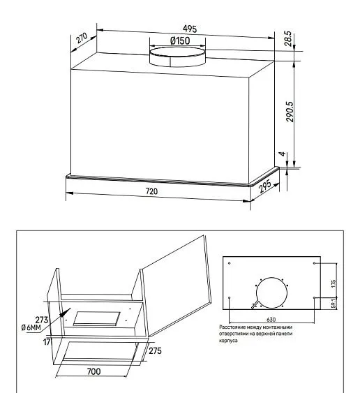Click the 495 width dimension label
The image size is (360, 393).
click(x=190, y=29)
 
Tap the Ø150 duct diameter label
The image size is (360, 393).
click(x=180, y=40)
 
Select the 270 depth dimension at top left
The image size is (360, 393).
click(x=82, y=38)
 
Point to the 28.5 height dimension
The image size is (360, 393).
click(x=288, y=38)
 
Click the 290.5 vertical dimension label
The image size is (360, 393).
click(x=290, y=112)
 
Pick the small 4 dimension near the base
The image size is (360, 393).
click(x=283, y=154)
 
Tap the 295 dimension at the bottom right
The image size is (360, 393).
click(x=265, y=186)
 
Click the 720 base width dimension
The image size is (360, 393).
click(x=151, y=191)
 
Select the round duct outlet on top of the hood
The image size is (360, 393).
click(x=177, y=57)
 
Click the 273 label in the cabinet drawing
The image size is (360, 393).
click(x=42, y=320)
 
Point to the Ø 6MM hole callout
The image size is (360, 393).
click(x=31, y=327)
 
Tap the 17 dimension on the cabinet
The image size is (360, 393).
click(x=47, y=342)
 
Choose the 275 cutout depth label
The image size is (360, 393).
click(x=155, y=351)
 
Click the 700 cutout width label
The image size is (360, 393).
click(x=94, y=371)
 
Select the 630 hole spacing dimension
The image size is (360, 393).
click(x=271, y=320)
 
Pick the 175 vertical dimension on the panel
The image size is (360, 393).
click(x=333, y=283)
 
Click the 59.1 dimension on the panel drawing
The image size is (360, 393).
click(x=334, y=303)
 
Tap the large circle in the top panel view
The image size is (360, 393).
click(x=271, y=292)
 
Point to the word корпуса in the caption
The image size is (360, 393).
click(x=228, y=341)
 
